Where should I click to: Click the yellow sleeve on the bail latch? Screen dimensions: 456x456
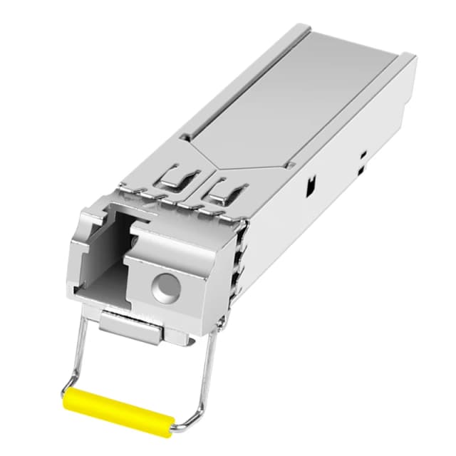coord(117,407)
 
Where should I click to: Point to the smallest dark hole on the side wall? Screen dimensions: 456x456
coord(362,153)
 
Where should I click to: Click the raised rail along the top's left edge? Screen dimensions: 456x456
coord(235,78)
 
